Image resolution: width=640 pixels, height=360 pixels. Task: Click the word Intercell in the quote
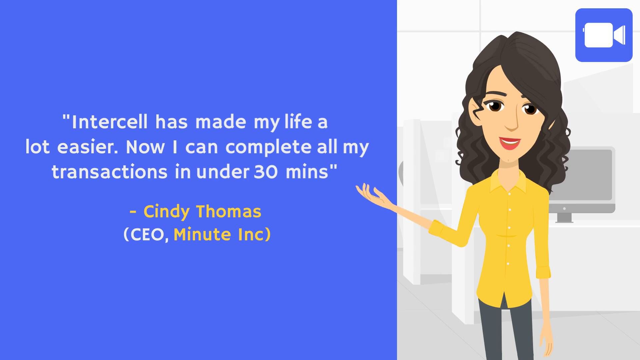point(109,122)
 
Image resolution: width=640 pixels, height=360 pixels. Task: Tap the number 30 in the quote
point(266,172)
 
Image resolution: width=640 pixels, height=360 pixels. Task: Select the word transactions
point(109,172)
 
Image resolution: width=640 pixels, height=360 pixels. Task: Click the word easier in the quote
point(87,147)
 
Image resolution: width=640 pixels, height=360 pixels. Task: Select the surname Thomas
point(229,211)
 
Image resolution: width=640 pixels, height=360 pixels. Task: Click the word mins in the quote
point(307,172)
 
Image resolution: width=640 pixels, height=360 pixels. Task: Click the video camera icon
point(604,35)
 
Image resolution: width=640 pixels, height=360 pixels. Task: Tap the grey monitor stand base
point(564,218)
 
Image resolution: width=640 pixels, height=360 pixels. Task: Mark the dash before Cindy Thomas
point(133,212)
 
